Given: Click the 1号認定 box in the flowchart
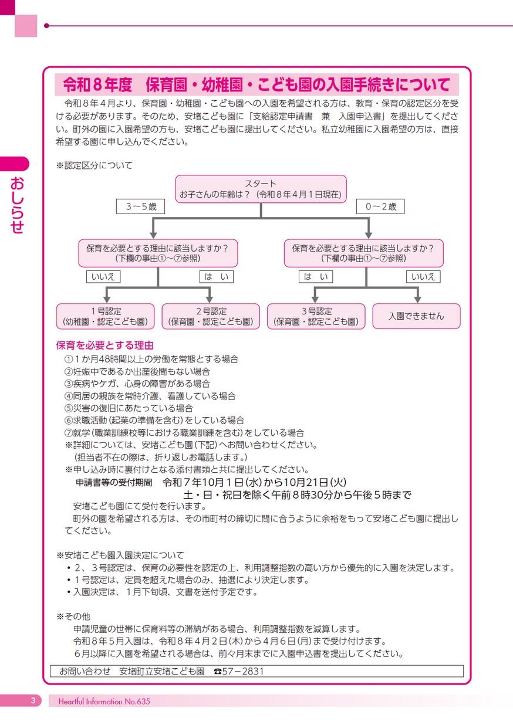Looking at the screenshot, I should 106,316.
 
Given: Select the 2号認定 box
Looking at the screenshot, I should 210,316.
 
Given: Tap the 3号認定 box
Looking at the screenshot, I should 316,316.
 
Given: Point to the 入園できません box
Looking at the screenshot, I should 416,316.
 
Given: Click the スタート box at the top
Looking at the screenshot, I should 261,189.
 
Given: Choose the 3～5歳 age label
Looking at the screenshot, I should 140,206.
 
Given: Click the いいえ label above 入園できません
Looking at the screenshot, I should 423,277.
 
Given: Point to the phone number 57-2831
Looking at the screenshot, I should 244,671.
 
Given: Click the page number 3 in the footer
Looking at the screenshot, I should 33,700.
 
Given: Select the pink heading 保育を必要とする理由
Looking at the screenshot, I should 104,345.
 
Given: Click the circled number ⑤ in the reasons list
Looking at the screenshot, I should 67,408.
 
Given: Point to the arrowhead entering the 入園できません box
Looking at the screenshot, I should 416,300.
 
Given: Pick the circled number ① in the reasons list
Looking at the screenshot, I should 67,358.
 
